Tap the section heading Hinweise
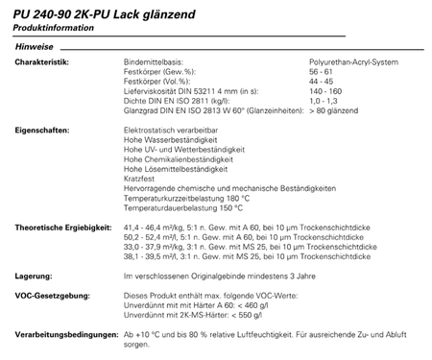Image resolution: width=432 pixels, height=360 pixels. [x=34, y=47]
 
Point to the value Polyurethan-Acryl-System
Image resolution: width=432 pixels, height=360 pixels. [x=354, y=61]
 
